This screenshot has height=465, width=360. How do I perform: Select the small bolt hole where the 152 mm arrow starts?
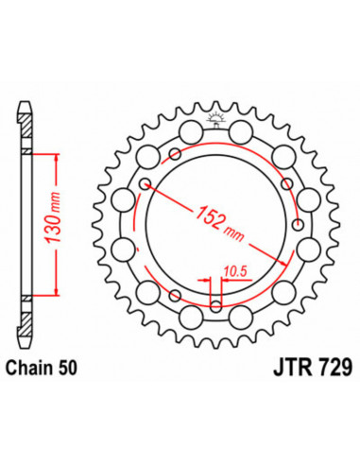(144, 182)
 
